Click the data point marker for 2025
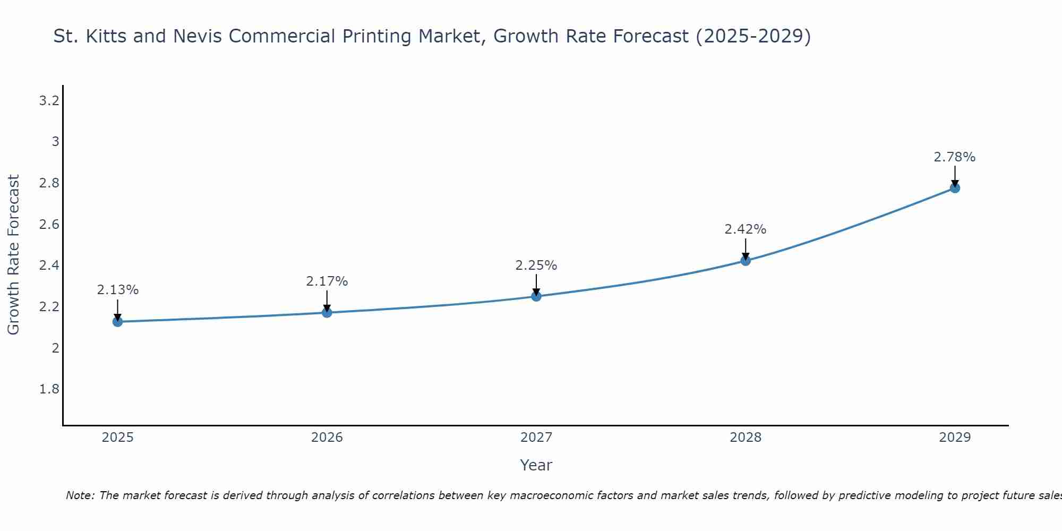117,322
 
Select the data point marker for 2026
327,313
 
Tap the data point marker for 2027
536,296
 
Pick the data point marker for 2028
746,261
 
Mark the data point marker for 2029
955,188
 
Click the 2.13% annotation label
117,290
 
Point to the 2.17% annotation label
327,281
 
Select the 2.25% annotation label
536,265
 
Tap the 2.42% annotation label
746,229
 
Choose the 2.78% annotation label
955,157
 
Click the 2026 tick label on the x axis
327,438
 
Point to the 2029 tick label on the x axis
955,438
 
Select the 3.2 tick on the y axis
49,101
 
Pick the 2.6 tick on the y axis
49,225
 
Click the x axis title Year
536,465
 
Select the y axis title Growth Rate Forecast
13,255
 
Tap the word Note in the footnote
80,495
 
